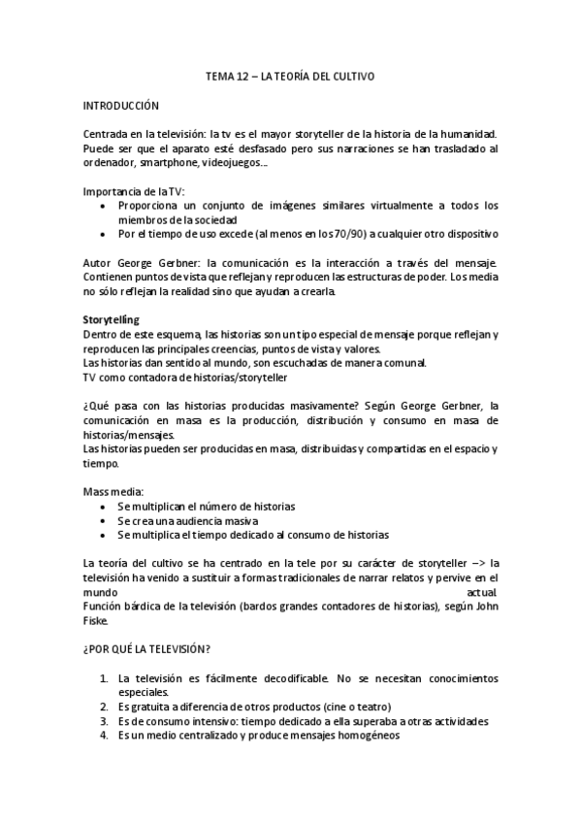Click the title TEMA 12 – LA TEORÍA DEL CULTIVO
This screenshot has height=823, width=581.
(291, 75)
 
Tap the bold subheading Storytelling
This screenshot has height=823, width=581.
(112, 319)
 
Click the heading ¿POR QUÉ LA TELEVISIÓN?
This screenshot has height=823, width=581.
(147, 649)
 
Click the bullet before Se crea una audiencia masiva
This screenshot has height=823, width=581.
(105, 520)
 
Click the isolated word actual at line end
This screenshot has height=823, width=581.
(481, 591)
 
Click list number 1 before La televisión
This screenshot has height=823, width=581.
(104, 678)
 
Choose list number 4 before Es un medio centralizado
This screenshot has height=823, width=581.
(104, 735)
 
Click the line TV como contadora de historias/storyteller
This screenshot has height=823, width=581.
(184, 377)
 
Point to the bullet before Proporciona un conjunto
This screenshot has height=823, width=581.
(105, 206)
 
